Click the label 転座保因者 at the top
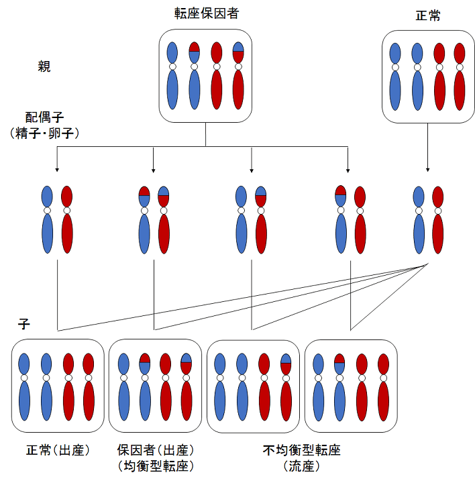pos(205,13)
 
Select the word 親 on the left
pos(44,66)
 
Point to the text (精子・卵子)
pos(44,133)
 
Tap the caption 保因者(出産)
pos(156,449)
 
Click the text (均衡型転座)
pos(156,465)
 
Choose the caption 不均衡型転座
pos(302,449)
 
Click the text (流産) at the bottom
pos(302,465)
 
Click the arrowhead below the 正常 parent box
pos(428,170)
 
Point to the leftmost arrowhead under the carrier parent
pos(56,170)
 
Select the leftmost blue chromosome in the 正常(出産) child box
pos(25,386)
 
